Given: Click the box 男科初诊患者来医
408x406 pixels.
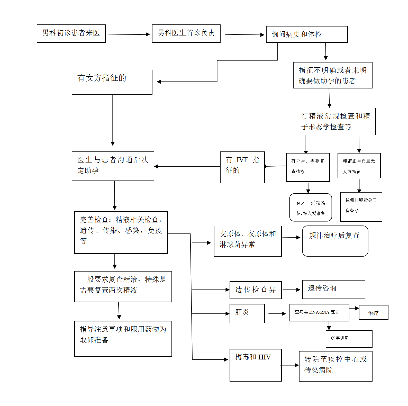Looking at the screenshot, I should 71,33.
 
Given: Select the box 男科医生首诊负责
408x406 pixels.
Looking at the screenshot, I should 186,33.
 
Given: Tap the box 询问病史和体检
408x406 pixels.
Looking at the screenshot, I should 307,34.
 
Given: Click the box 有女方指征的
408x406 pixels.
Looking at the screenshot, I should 112,82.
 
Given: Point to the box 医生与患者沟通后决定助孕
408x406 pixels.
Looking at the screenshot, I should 113,166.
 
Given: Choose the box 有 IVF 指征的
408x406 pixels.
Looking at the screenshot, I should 242,167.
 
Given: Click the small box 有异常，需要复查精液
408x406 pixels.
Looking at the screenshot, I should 308,167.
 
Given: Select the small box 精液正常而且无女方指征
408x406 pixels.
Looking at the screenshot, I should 359,166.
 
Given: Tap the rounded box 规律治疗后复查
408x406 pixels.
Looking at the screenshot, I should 335,241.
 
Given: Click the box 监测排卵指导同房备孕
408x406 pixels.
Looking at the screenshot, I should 361,207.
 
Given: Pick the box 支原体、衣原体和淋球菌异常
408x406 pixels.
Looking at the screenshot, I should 248,241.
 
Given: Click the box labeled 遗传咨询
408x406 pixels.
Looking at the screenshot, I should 333,289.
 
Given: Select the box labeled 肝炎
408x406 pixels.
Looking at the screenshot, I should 247,313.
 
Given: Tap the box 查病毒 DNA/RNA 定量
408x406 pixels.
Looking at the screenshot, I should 319,312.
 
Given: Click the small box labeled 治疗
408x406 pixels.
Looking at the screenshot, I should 373,312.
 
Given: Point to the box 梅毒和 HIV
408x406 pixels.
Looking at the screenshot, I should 255,365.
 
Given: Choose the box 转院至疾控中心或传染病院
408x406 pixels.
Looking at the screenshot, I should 336,366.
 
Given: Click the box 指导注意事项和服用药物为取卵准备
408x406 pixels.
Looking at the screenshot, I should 123,339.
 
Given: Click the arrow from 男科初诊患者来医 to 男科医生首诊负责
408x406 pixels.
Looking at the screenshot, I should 129,34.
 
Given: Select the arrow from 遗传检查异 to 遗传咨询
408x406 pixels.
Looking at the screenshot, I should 292,290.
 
